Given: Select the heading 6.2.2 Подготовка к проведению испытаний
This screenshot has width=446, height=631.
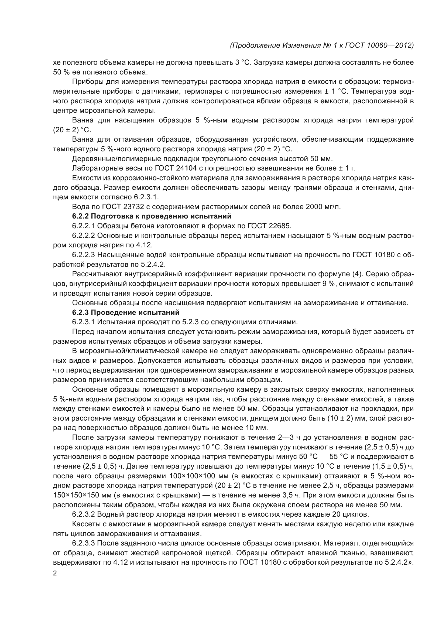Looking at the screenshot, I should (x=152, y=216).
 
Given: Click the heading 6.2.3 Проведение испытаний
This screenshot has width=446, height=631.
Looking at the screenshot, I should (x=125, y=312).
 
